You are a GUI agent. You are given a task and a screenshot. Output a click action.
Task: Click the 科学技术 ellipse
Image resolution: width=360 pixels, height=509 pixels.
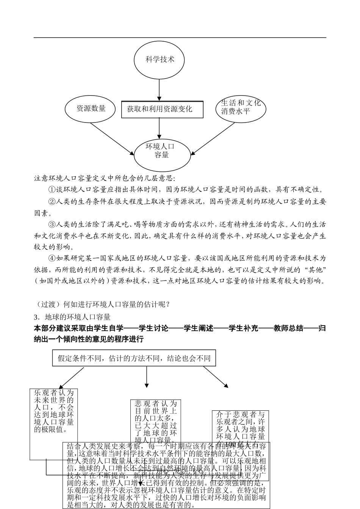pyautogui.click(x=160, y=60)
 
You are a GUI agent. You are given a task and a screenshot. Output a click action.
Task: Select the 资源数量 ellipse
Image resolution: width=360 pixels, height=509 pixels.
pyautogui.click(x=91, y=109)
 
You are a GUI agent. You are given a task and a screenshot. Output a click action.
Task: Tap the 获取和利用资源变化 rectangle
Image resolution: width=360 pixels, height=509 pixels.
pyautogui.click(x=162, y=110)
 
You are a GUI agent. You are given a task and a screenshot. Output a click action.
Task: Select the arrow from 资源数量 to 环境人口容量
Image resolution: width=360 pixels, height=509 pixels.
pyautogui.click(x=112, y=138)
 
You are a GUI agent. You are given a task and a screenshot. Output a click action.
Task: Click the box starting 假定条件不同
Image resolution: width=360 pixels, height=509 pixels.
pyautogui.click(x=134, y=358)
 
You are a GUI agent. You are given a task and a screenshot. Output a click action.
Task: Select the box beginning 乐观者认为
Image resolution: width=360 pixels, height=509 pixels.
pyautogui.click(x=54, y=411)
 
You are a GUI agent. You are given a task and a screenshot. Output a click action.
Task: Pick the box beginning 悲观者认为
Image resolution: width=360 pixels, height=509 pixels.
pyautogui.click(x=155, y=421)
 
